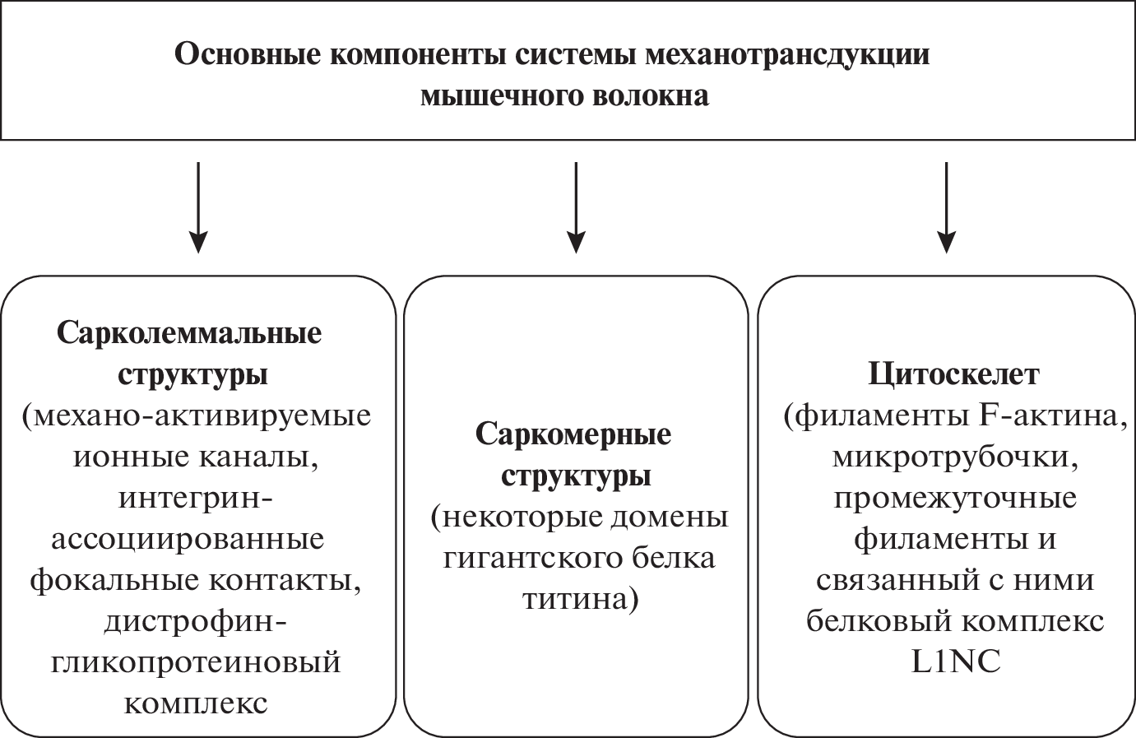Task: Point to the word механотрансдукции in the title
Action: tap(788, 55)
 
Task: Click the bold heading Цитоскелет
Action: tap(954, 374)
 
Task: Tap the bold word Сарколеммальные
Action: tap(189, 333)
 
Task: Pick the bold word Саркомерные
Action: tap(573, 434)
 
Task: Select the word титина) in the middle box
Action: tap(580, 599)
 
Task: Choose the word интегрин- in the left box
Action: tap(196, 499)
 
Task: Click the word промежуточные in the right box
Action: tap(954, 499)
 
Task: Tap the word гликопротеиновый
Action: tap(196, 663)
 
